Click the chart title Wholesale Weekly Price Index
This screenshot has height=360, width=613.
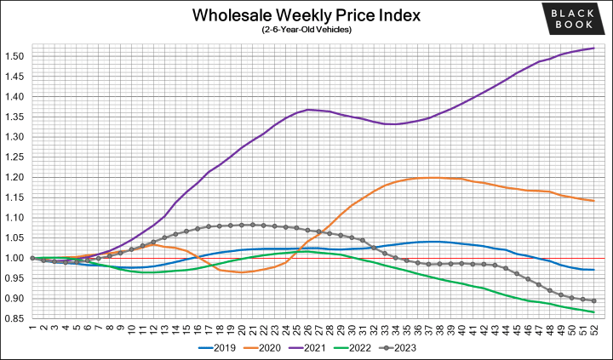306,15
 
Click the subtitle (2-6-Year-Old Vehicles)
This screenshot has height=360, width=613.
306,31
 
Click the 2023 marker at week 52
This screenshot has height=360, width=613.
593,300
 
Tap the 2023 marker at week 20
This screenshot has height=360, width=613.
242,225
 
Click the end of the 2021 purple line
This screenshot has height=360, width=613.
593,49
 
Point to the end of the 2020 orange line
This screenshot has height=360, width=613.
593,201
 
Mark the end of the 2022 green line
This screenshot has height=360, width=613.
593,312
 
